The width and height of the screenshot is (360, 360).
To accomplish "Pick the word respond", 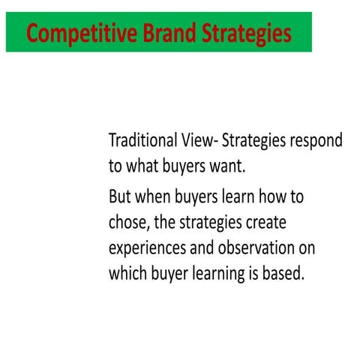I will click(316, 141).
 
